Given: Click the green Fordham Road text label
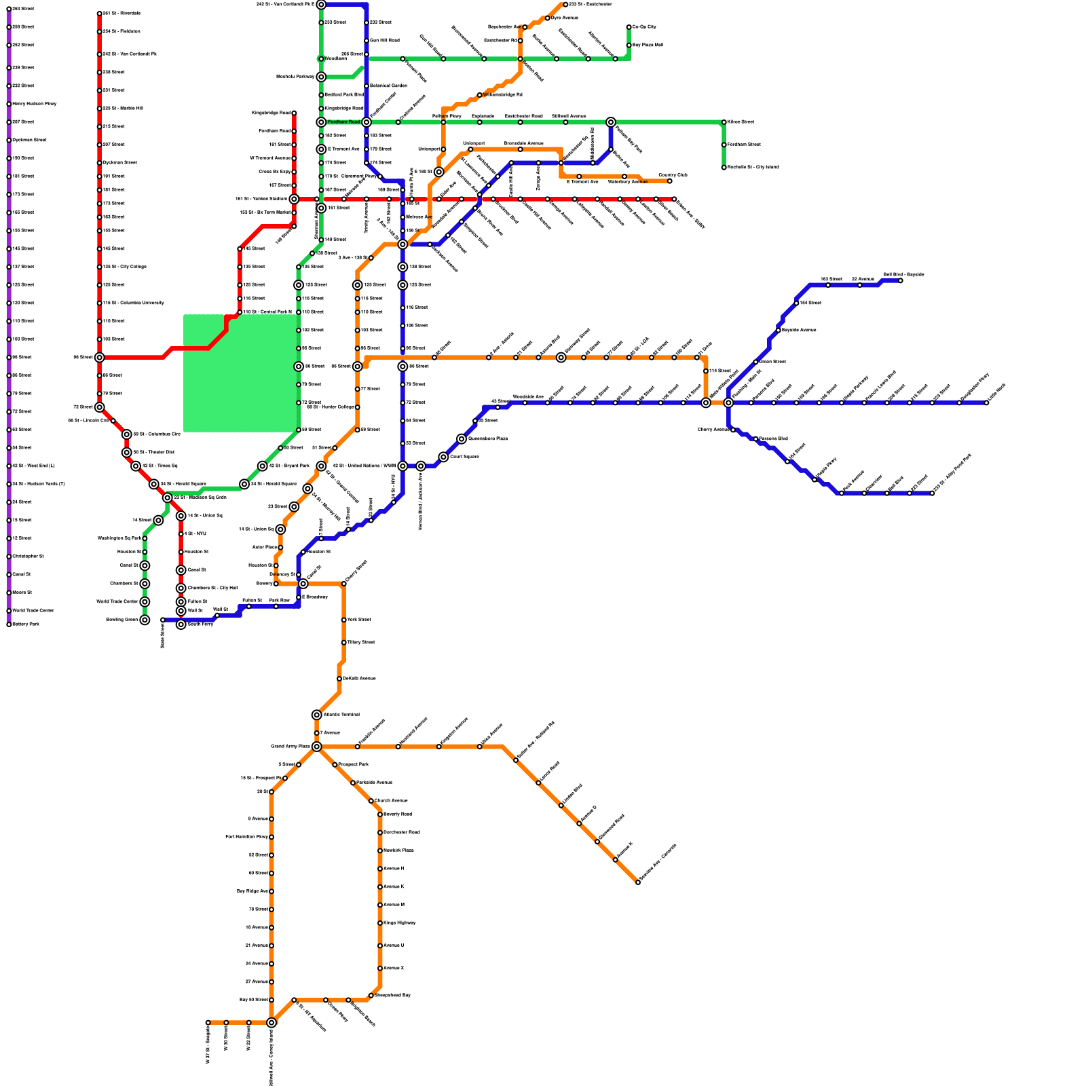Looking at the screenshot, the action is pyautogui.click(x=343, y=122).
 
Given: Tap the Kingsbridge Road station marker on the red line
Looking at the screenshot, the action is pyautogui.click(x=294, y=113).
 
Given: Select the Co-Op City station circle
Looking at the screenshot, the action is pyautogui.click(x=629, y=27).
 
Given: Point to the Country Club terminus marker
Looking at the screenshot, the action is pyautogui.click(x=670, y=181).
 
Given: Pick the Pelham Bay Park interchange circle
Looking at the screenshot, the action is pyautogui.click(x=611, y=122).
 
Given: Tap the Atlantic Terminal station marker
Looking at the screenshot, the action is pyautogui.click(x=317, y=715).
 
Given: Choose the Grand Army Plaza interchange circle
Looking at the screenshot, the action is pyautogui.click(x=317, y=747).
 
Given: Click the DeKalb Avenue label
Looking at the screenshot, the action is pyautogui.click(x=359, y=679).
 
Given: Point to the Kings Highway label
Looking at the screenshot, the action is pyautogui.click(x=399, y=923).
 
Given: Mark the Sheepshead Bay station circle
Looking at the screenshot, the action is pyautogui.click(x=371, y=996).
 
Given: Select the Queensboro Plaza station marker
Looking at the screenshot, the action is pyautogui.click(x=462, y=439).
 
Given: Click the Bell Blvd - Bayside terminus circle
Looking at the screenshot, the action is pyautogui.click(x=901, y=280).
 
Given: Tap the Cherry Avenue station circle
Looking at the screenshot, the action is pyautogui.click(x=733, y=430).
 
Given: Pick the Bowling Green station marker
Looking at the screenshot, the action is pyautogui.click(x=145, y=620).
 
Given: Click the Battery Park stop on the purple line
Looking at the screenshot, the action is pyautogui.click(x=9, y=624).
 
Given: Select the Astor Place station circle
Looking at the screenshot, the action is pyautogui.click(x=280, y=548).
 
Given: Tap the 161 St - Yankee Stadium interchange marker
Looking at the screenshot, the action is pyautogui.click(x=294, y=199).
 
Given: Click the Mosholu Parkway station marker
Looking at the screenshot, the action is pyautogui.click(x=321, y=77).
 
